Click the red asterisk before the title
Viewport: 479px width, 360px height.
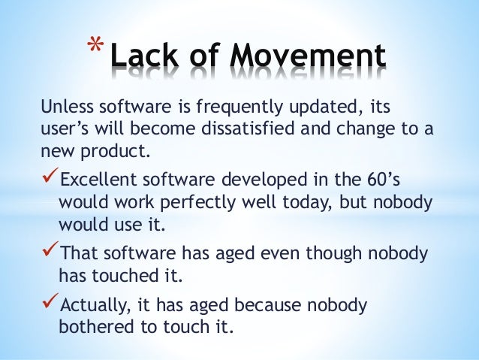coord(93,47)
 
